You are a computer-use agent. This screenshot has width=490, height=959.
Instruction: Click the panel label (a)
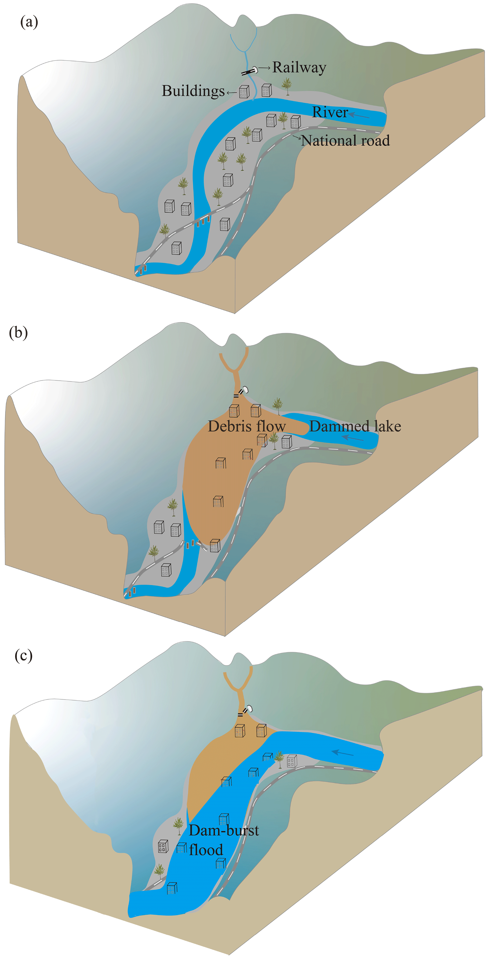tap(29, 22)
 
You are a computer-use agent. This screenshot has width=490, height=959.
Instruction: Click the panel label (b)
tap(18, 332)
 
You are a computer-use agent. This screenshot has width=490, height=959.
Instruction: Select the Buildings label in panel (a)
tap(193, 91)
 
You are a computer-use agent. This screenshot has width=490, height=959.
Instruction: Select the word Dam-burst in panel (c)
tap(224, 830)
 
